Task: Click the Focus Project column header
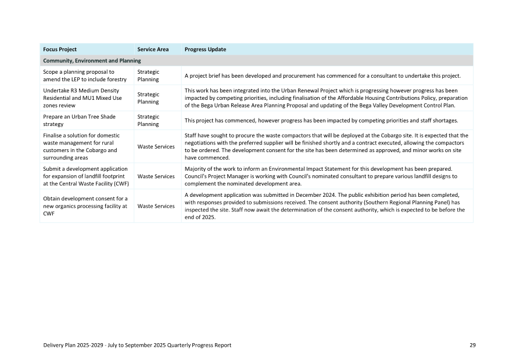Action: click(x=60, y=49)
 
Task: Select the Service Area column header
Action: click(x=153, y=49)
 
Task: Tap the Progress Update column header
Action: click(x=205, y=49)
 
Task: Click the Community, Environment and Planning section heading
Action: click(x=92, y=60)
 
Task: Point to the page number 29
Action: click(x=472, y=345)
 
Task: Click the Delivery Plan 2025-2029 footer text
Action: click(x=137, y=345)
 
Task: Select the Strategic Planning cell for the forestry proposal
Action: click(x=148, y=75)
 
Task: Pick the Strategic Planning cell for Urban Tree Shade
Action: click(x=148, y=120)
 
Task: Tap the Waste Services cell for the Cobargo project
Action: click(x=156, y=146)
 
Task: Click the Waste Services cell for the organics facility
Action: click(x=156, y=206)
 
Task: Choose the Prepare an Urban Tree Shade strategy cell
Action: click(x=79, y=120)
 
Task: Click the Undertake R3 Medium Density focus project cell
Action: click(x=82, y=98)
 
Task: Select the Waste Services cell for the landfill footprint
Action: click(x=156, y=176)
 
